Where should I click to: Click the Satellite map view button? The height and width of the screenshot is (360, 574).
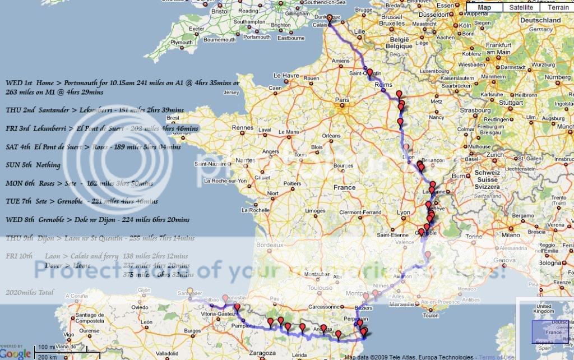tap(521, 7)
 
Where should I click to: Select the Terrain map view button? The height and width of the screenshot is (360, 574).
tap(558, 7)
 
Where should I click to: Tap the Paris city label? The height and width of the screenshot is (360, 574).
tap(342, 101)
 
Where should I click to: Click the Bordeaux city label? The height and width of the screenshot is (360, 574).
tap(268, 245)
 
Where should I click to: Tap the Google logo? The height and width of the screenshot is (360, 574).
tap(16, 354)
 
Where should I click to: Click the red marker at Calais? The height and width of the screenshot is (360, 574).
tap(330, 18)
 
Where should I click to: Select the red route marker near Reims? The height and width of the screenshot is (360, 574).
tap(370, 73)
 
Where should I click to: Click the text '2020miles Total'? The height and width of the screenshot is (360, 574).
tap(29, 292)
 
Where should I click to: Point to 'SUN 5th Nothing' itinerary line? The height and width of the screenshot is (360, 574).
tap(33, 165)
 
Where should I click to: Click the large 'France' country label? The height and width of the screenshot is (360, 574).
tap(344, 187)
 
